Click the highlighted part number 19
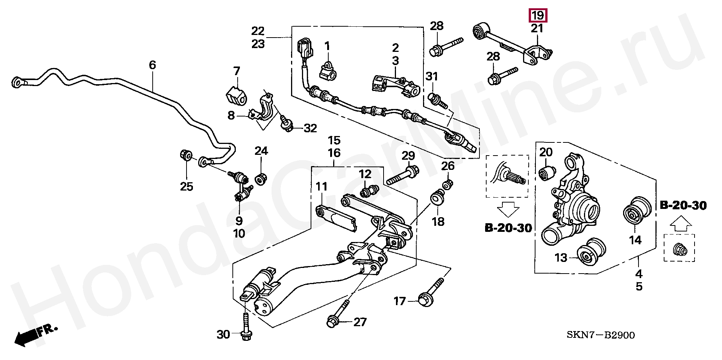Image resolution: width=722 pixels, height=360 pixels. [538, 16]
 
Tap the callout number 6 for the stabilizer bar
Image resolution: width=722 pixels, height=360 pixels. [152, 65]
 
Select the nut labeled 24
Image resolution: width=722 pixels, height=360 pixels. [261, 178]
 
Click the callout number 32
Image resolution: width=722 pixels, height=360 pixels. [311, 129]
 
